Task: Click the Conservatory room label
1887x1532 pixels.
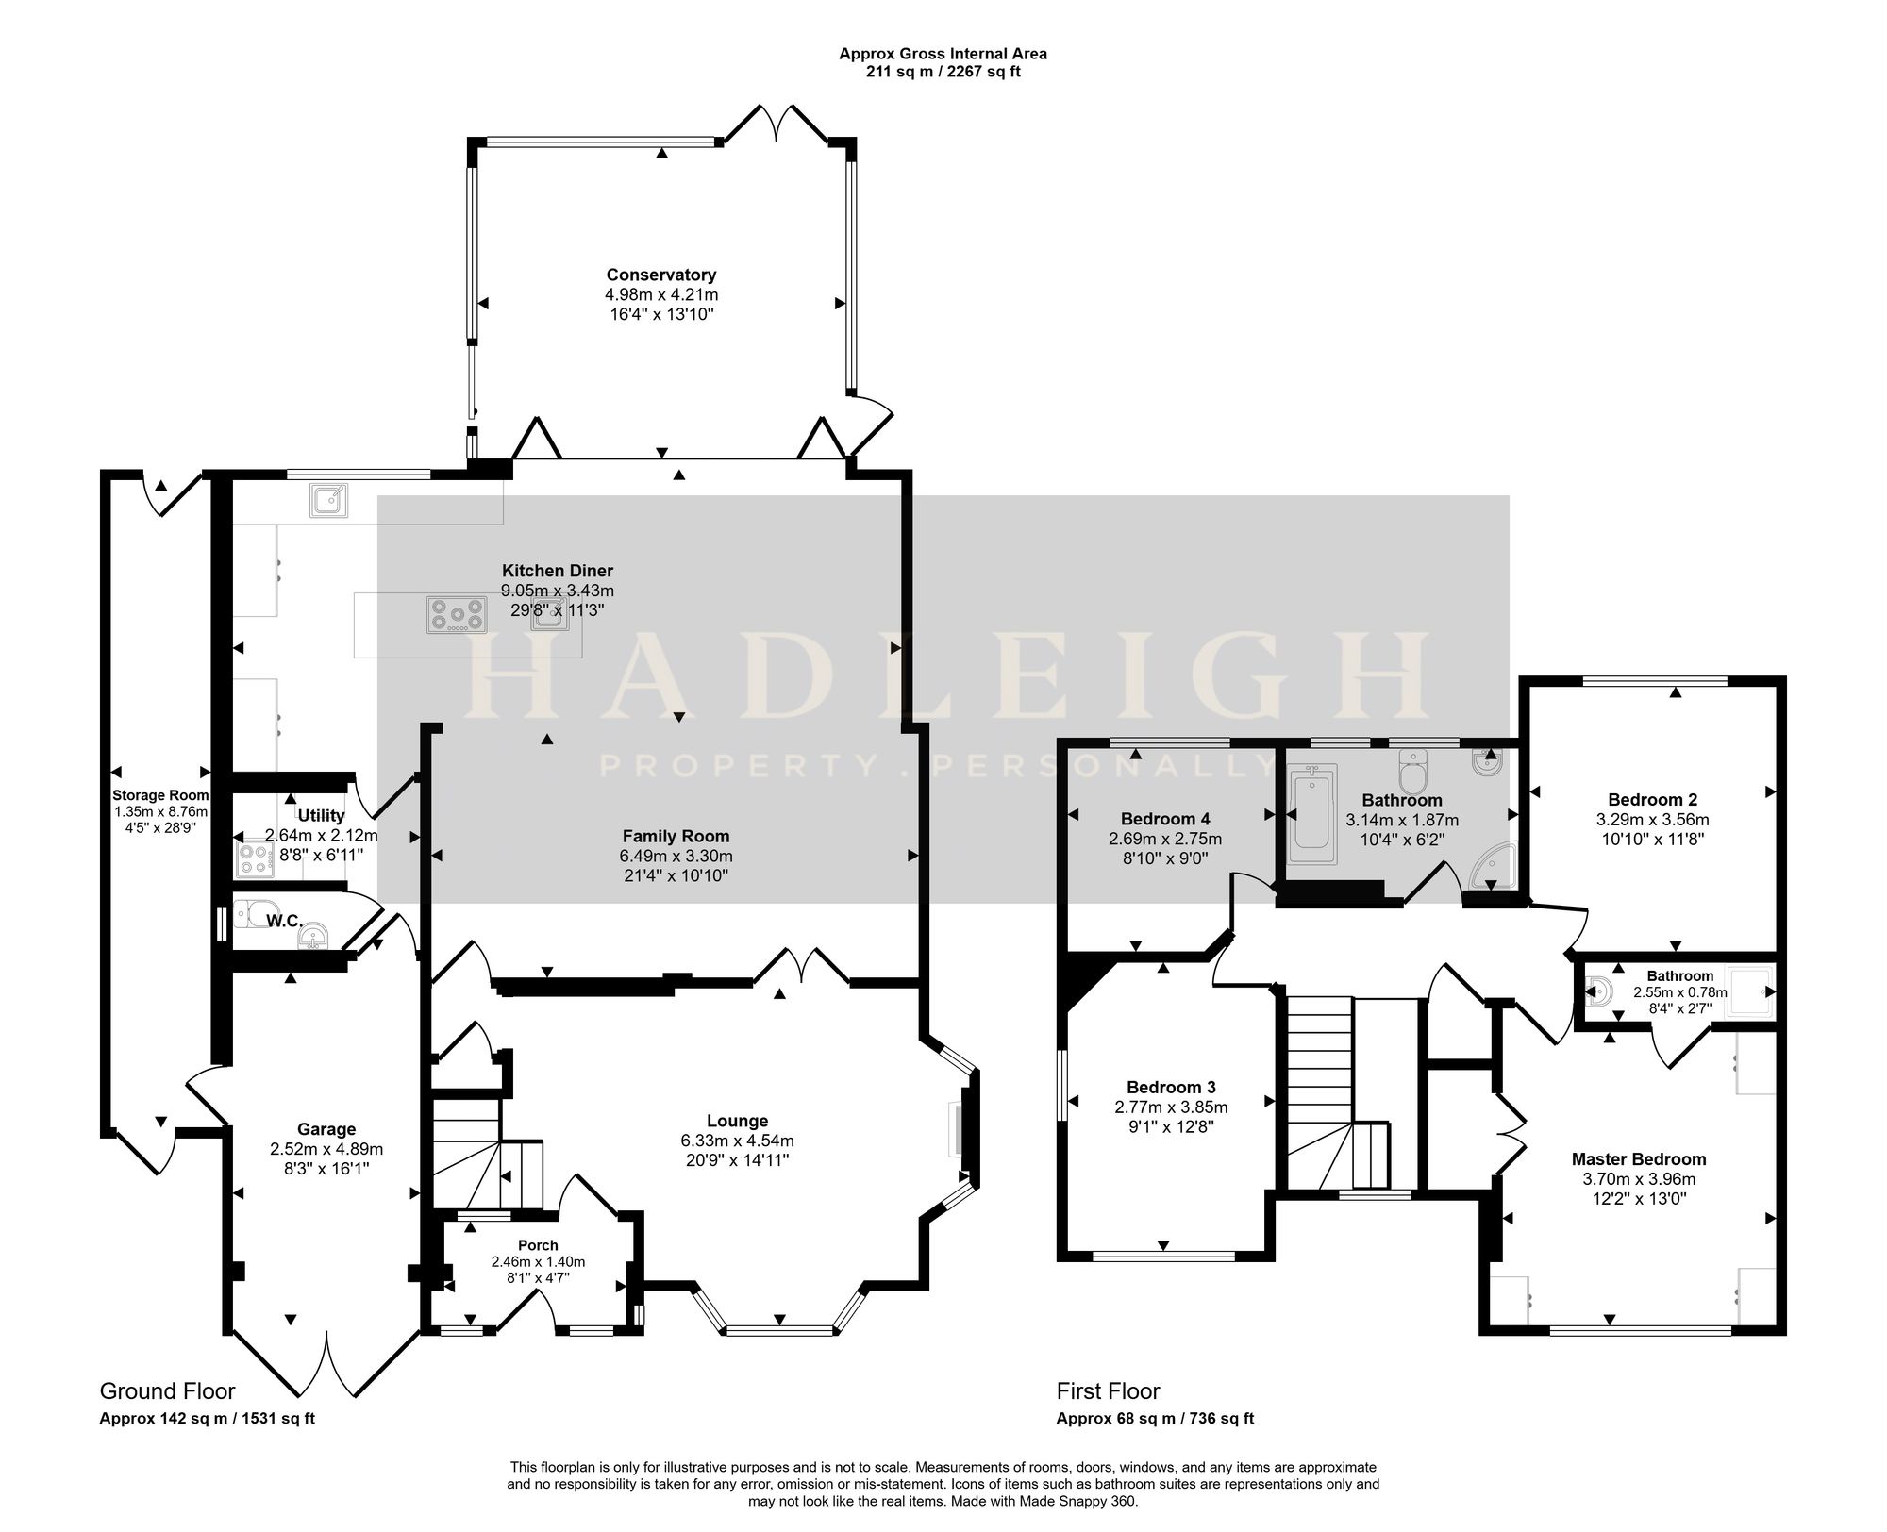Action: pyautogui.click(x=661, y=275)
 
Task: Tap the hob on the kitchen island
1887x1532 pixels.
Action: pyautogui.click(x=457, y=615)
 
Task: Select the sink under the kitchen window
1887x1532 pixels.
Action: pyautogui.click(x=328, y=501)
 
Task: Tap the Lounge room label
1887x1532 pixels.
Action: pyautogui.click(x=737, y=1121)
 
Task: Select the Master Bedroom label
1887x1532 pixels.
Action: pyautogui.click(x=1639, y=1159)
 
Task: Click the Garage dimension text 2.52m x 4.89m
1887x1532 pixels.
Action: pyautogui.click(x=326, y=1149)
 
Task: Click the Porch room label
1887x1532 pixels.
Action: pyautogui.click(x=538, y=1245)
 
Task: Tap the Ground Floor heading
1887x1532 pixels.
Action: pyautogui.click(x=167, y=1391)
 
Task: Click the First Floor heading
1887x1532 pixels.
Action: pyautogui.click(x=1108, y=1391)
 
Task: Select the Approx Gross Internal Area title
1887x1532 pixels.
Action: pyautogui.click(x=943, y=54)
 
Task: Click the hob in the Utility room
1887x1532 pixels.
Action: pyautogui.click(x=255, y=858)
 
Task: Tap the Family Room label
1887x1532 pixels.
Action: pyautogui.click(x=676, y=836)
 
